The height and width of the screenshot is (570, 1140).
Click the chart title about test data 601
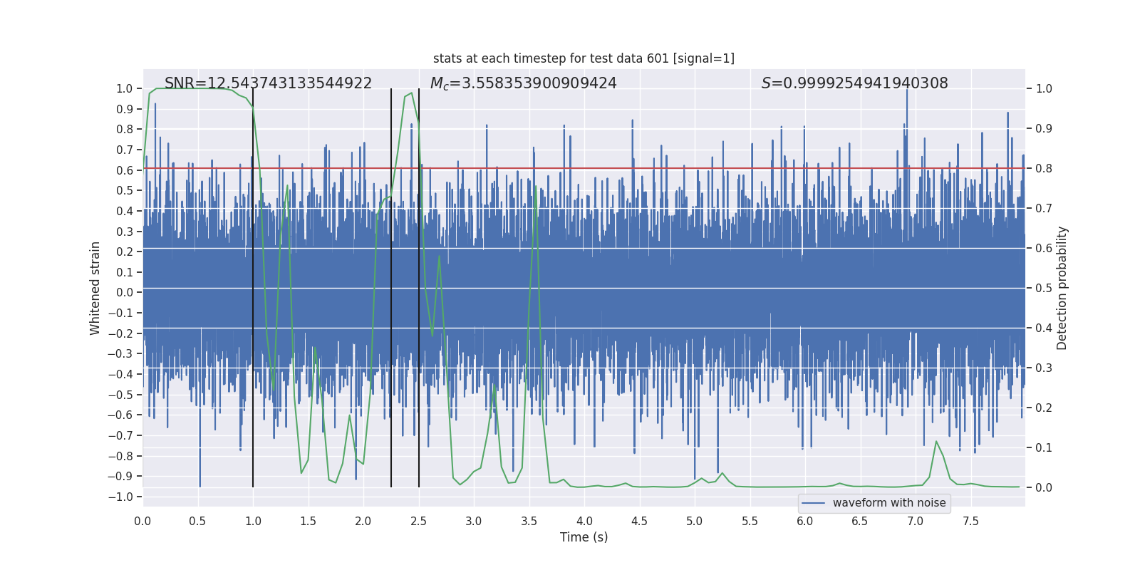584,58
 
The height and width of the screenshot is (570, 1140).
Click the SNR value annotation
268,83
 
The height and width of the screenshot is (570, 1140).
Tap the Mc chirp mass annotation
523,83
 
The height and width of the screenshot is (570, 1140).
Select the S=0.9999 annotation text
854,83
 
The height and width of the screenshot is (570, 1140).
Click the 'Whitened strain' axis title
95,288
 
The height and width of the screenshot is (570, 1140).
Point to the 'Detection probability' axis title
1062,288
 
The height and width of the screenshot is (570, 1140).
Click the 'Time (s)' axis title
584,537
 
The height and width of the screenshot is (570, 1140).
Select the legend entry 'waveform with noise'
888,503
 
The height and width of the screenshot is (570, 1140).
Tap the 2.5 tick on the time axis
419,521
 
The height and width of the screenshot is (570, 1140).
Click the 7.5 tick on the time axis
970,521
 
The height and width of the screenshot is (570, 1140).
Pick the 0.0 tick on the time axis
142,521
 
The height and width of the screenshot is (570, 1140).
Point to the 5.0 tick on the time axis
695,521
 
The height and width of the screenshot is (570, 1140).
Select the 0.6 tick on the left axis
125,170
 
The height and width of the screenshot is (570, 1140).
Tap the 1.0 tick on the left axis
125,88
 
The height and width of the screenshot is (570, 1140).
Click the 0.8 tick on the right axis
1044,169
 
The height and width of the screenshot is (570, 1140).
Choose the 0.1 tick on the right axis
1044,447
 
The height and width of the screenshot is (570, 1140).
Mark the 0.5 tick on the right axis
1044,288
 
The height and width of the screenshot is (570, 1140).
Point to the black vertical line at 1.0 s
253,285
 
